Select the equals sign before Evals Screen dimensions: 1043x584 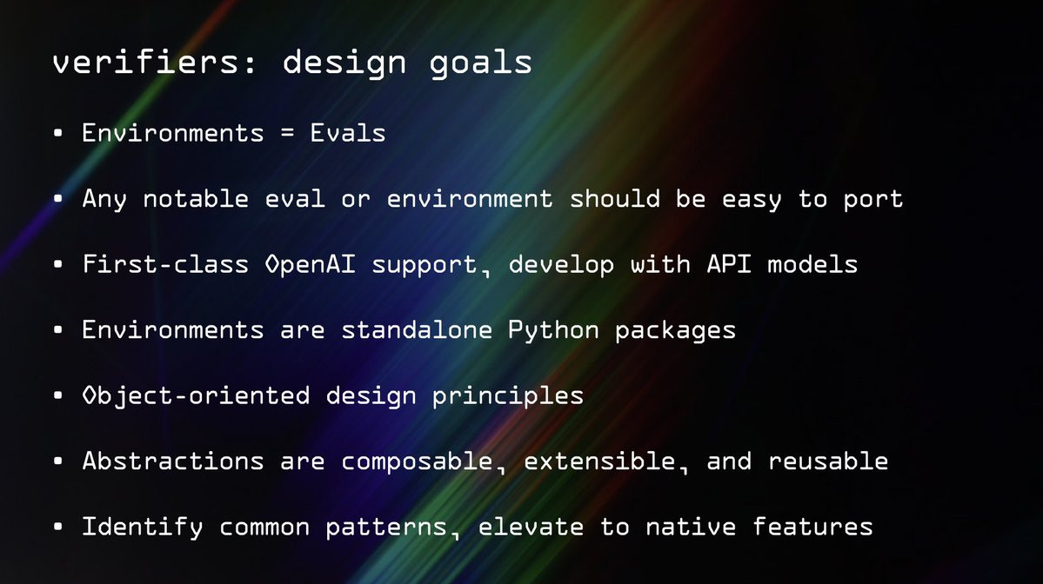[287, 133]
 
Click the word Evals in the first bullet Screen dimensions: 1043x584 [348, 133]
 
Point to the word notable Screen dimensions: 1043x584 [196, 199]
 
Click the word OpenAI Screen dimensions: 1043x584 [310, 264]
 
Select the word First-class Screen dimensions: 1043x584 [165, 264]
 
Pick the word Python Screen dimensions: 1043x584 [553, 331]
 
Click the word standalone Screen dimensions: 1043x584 [417, 329]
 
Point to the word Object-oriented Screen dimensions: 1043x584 [197, 396]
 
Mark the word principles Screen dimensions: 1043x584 [507, 397]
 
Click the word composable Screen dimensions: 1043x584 [417, 461]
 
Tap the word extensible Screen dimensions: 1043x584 [599, 461]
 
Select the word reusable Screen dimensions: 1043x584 [828, 461]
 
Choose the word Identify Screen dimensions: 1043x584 [143, 528]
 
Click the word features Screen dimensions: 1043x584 [812, 526]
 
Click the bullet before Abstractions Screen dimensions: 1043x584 [58, 461]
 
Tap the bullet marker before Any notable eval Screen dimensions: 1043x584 [58, 199]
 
